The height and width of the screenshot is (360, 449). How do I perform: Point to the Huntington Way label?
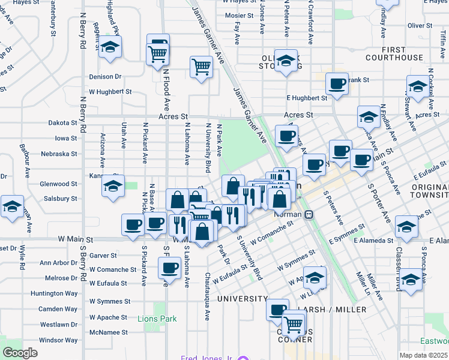point(55,293)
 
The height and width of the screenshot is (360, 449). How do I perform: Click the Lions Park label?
point(157,319)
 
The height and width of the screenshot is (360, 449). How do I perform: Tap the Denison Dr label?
point(105,77)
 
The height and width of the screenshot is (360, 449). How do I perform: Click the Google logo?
point(20,353)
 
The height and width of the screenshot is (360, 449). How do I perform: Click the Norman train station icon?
point(309,214)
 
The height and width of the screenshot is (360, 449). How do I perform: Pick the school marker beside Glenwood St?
point(112,185)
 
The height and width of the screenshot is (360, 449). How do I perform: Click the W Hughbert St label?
point(110,92)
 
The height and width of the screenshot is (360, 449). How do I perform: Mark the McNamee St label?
point(108,332)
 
